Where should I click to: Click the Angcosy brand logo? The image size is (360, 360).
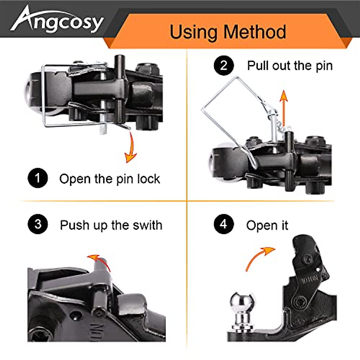click(57, 20)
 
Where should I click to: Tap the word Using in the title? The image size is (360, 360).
click(193, 32)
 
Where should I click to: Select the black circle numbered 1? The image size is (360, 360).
click(38, 178)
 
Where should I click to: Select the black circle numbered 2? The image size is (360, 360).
click(224, 65)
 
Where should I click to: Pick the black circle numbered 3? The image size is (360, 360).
click(38, 224)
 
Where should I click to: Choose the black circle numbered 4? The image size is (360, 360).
click(224, 224)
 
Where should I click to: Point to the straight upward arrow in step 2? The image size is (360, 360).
click(283, 103)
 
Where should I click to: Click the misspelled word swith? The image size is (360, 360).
click(147, 225)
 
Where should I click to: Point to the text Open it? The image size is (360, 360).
click(267, 225)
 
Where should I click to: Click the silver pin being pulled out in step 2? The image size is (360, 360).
click(274, 126)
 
